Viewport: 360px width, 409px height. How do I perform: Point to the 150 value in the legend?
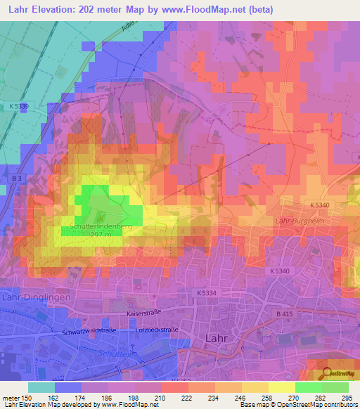tap(27, 398)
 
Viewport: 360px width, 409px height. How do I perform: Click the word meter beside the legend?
tap(10, 398)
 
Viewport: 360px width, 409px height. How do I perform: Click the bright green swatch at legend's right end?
tap(335, 387)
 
